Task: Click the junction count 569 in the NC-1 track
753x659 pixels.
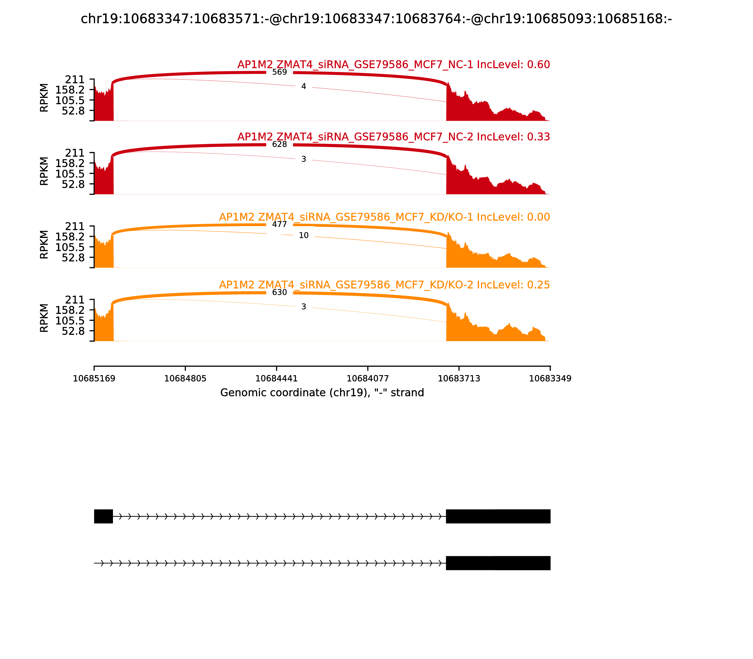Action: tap(280, 72)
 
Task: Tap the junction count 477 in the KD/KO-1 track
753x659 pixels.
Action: tap(280, 224)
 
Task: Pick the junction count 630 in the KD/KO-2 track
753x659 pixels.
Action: tap(280, 292)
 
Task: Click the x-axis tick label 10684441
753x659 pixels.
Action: tap(276, 378)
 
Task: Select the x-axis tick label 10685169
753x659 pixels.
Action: tap(94, 378)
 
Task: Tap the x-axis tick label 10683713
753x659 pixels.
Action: tap(459, 378)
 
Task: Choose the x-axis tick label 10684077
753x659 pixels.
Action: tap(368, 378)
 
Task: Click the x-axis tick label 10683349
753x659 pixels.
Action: tap(550, 378)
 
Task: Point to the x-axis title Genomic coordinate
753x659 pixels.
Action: tap(322, 393)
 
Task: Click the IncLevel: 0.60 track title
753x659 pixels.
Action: tap(393, 65)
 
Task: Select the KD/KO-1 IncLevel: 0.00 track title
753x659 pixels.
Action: tap(384, 217)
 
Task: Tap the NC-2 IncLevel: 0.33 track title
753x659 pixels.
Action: tap(393, 137)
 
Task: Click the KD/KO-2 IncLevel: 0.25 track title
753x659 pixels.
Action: tap(384, 285)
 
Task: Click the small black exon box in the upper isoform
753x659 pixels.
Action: tap(103, 516)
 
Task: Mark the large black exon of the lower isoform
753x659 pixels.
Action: tap(498, 563)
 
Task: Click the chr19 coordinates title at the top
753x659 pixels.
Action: tap(376, 19)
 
